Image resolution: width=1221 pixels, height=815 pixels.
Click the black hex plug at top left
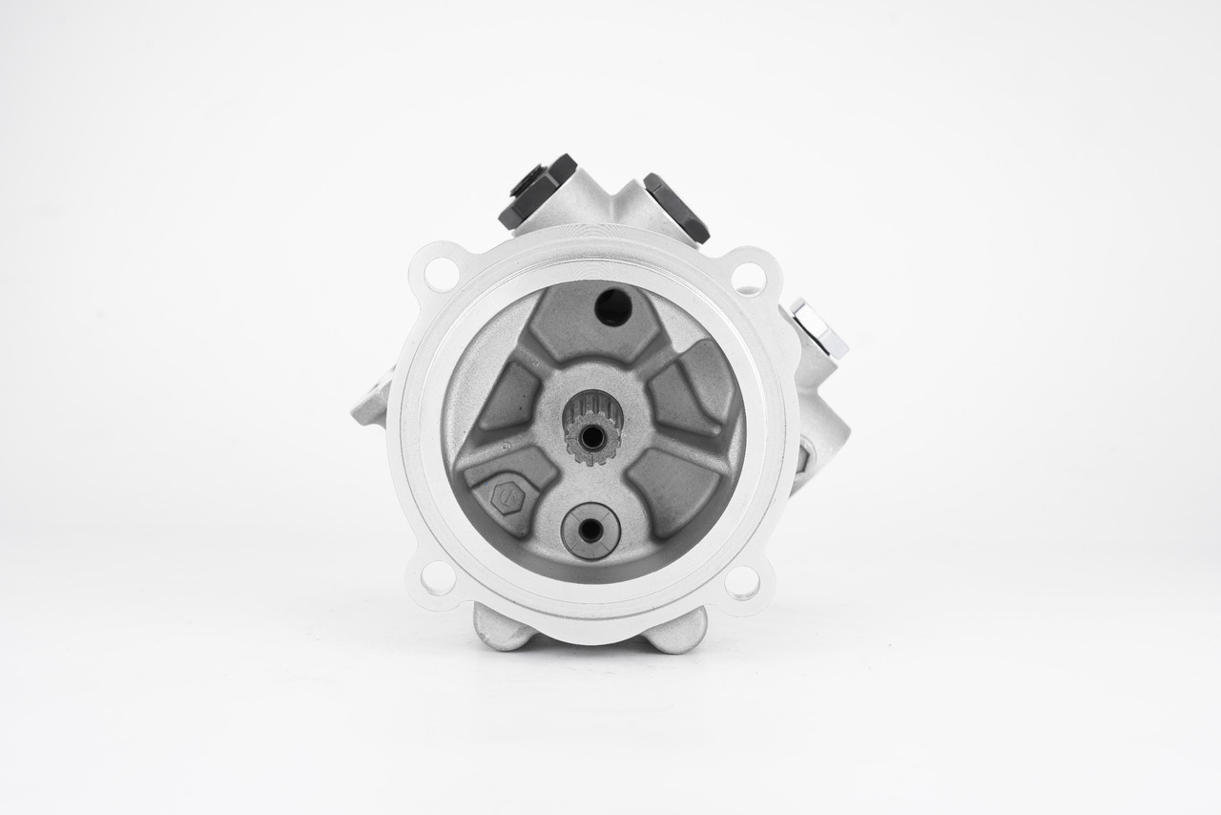tap(537, 191)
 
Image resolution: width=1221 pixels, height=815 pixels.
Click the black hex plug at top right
tap(676, 206)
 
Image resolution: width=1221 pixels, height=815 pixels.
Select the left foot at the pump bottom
tap(502, 628)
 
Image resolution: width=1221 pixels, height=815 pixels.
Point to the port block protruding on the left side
tap(370, 401)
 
